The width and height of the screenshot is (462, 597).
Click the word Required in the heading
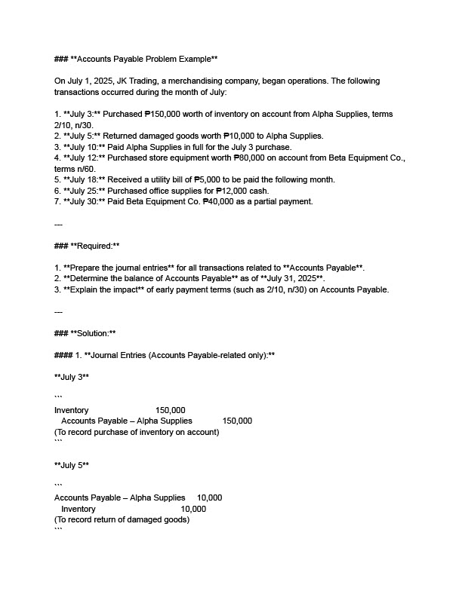(91, 246)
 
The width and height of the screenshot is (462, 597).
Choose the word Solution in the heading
(89, 333)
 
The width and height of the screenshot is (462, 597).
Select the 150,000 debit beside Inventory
(170, 410)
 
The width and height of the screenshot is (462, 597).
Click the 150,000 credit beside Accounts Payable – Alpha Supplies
(237, 421)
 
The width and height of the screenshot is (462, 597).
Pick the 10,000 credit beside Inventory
(193, 509)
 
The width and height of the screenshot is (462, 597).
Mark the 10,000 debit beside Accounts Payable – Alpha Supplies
(209, 497)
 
